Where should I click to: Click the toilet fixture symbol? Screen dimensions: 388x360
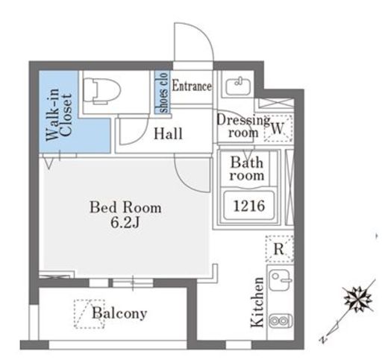pyautogui.click(x=101, y=90)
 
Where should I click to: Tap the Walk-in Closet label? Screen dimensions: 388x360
pyautogui.click(x=59, y=115)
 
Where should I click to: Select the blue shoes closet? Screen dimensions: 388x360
pyautogui.click(x=162, y=92)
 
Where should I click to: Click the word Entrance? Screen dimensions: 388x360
pyautogui.click(x=192, y=86)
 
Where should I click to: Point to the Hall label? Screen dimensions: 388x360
pyautogui.click(x=168, y=133)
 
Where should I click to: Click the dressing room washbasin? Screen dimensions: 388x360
pyautogui.click(x=238, y=86)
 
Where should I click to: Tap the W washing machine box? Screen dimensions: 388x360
pyautogui.click(x=278, y=128)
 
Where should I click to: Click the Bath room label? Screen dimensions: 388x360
pyautogui.click(x=247, y=169)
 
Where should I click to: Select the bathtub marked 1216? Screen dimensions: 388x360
pyautogui.click(x=249, y=206)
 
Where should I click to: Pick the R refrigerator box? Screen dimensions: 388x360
pyautogui.click(x=279, y=248)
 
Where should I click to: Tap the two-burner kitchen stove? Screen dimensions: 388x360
pyautogui.click(x=281, y=320)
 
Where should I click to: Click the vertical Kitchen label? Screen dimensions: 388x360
pyautogui.click(x=257, y=302)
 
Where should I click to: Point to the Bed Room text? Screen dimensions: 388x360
pyautogui.click(x=125, y=207)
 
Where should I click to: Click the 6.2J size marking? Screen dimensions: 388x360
pyautogui.click(x=125, y=223)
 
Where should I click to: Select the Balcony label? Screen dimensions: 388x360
pyautogui.click(x=119, y=313)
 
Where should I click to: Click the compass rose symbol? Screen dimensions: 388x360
pyautogui.click(x=357, y=299)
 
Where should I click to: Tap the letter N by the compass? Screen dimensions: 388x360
pyautogui.click(x=323, y=339)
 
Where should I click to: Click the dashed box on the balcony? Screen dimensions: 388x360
pyautogui.click(x=90, y=314)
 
